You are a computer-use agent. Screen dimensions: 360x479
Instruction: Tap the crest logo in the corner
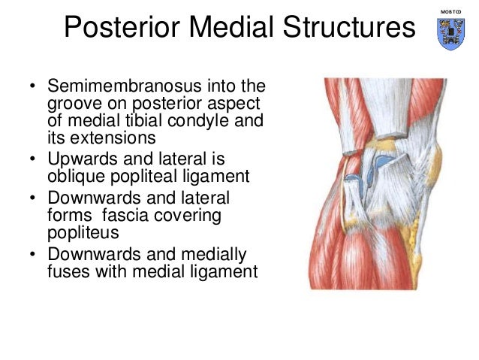(x=450, y=34)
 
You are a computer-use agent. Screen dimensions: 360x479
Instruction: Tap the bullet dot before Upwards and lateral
(x=32, y=159)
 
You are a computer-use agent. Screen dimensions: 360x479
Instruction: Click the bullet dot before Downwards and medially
(x=32, y=256)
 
